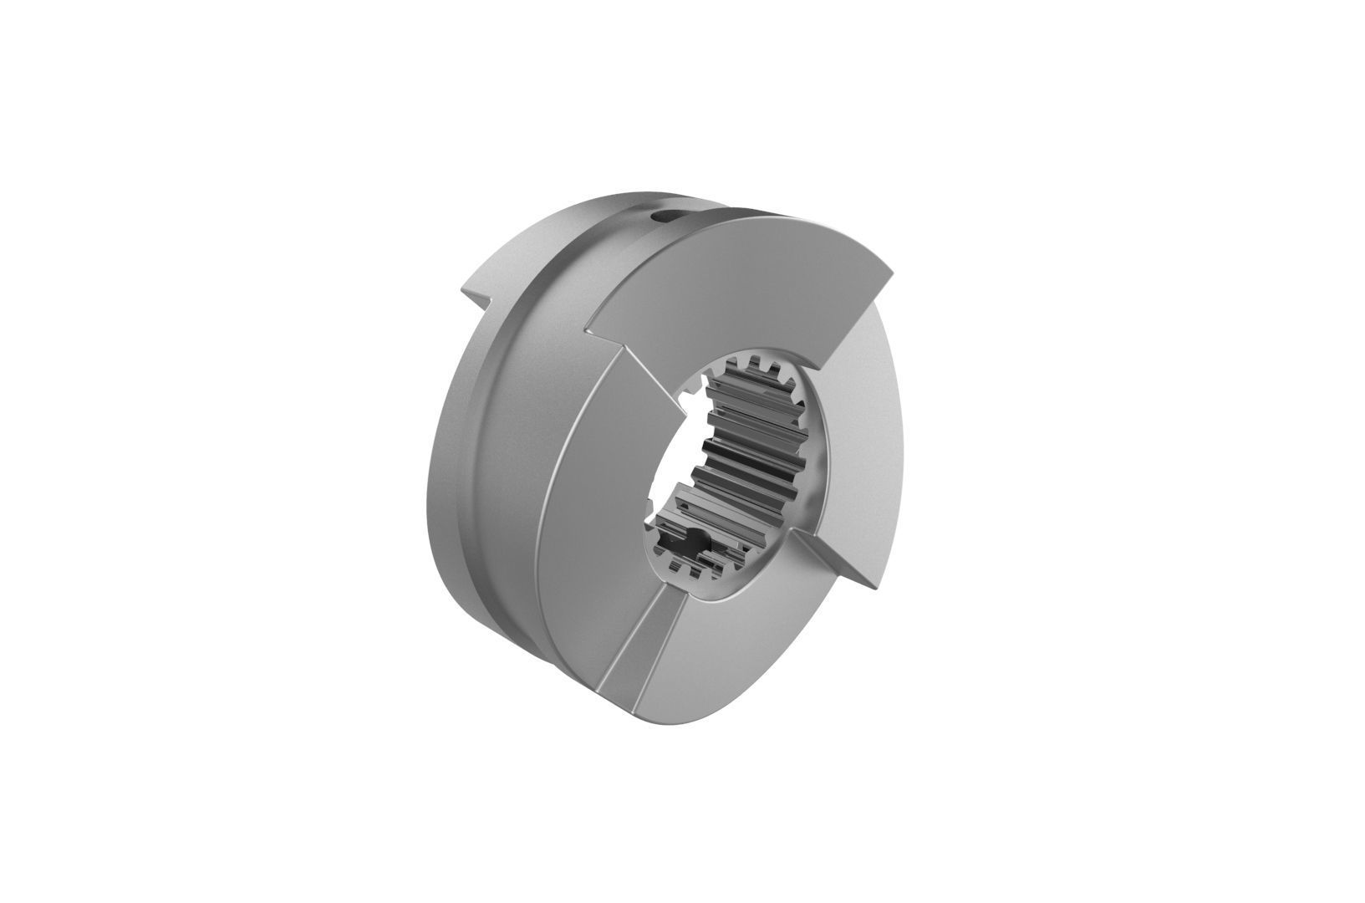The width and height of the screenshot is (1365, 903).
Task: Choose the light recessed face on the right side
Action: tap(861, 435)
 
